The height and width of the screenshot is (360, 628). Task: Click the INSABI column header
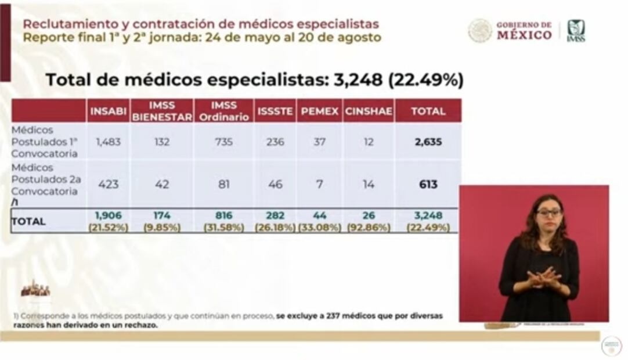coord(109,111)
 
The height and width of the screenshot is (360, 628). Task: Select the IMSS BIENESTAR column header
coord(162,111)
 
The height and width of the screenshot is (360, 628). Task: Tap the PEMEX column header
coord(319,111)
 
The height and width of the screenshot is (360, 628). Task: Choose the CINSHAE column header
coord(368,111)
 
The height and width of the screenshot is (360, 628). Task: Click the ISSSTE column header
coord(275,111)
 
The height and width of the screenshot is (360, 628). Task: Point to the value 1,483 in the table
coord(109,142)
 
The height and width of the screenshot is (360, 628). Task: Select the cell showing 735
coord(223,142)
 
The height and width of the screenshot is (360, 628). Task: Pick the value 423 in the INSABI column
coord(109,184)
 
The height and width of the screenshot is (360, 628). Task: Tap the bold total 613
coord(428,184)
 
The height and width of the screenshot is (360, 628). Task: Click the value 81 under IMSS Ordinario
coord(223,184)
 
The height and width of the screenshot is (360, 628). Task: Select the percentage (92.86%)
coord(368,228)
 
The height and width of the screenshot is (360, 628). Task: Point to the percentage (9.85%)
coord(162,228)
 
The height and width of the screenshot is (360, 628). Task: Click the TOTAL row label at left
coord(28,222)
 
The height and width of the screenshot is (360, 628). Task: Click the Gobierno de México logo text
coord(524,31)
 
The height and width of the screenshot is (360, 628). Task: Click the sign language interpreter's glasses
coord(548,213)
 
